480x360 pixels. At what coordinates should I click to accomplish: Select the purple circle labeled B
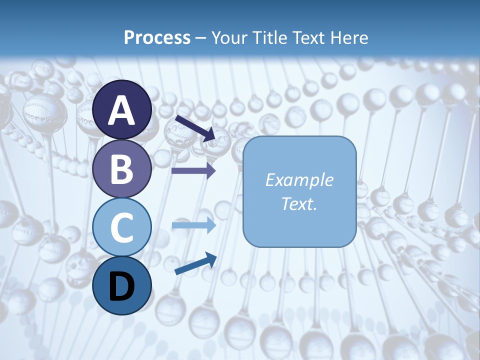click(x=122, y=168)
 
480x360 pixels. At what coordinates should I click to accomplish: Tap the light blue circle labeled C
click(x=122, y=227)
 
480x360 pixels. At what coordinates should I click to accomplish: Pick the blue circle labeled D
click(x=122, y=285)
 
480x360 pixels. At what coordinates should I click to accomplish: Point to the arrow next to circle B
click(x=193, y=170)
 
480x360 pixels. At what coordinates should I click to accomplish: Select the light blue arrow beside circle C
click(x=193, y=226)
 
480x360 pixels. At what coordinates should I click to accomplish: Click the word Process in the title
click(x=157, y=37)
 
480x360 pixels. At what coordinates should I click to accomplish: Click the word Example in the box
click(x=299, y=180)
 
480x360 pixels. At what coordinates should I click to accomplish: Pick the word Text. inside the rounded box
click(x=299, y=203)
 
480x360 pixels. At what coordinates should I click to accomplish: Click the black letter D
click(x=122, y=286)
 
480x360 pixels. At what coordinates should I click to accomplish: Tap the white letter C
click(x=122, y=228)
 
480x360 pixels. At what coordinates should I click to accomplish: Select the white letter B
click(x=122, y=169)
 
